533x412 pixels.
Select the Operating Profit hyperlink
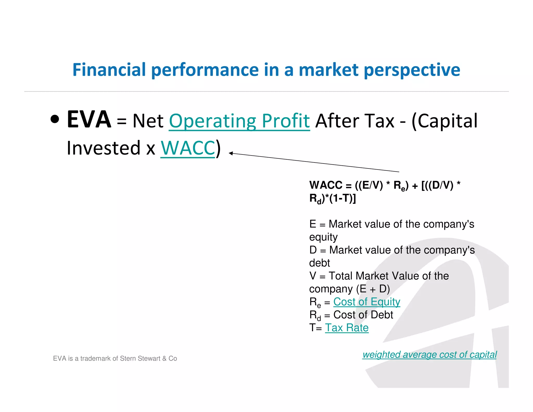(239, 121)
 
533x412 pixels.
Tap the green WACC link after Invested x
(188, 148)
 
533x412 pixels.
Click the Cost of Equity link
(366, 302)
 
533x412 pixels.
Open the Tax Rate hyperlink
(347, 328)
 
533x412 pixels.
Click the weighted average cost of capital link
(429, 354)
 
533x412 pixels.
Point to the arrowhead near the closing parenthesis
(231, 153)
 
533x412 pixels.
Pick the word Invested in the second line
(104, 148)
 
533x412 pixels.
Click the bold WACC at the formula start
(326, 185)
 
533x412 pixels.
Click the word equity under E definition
(323, 237)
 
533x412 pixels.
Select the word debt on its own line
(319, 263)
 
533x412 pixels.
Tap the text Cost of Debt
(363, 315)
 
